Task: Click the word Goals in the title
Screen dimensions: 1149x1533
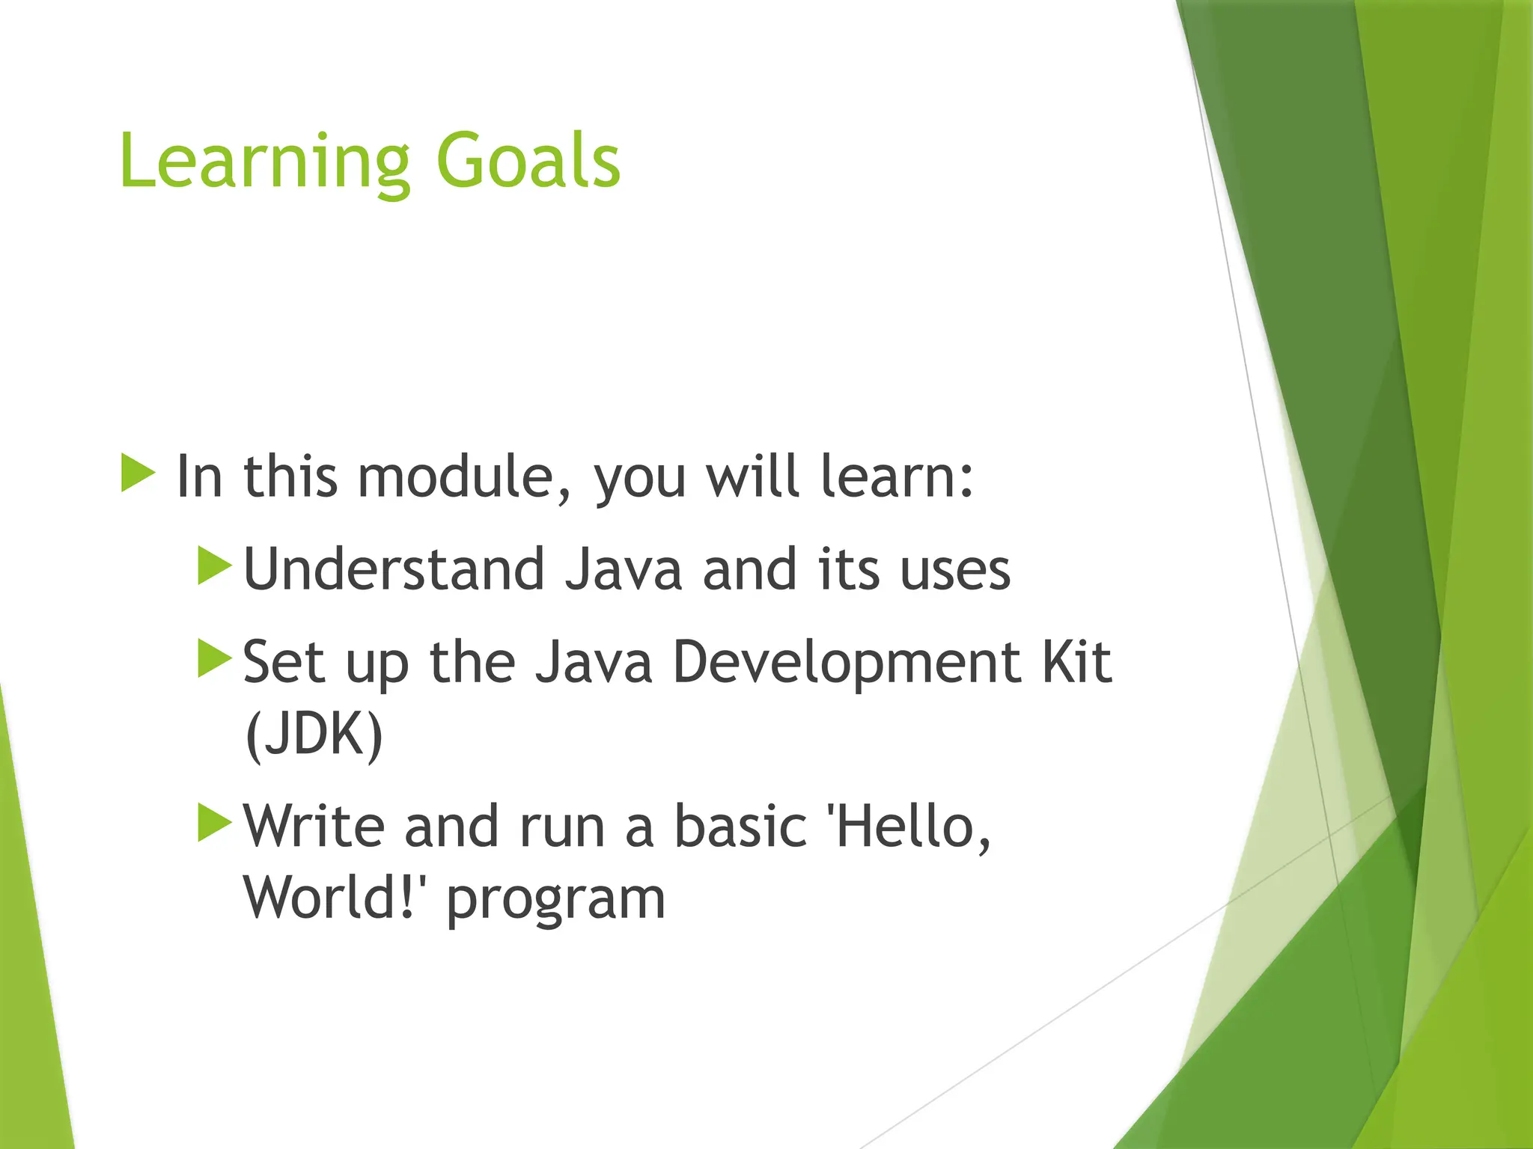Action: [528, 161]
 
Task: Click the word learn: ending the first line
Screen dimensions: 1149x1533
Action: [897, 477]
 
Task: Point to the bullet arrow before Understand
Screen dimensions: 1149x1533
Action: [215, 566]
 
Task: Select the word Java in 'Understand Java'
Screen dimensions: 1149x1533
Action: [624, 570]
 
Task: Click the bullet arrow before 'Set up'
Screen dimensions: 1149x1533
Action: [215, 658]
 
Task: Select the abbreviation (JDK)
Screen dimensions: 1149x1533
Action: [314, 735]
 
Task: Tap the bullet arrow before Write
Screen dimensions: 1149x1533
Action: [215, 823]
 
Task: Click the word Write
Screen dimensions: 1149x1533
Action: [314, 827]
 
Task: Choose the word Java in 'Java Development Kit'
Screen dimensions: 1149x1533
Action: [594, 663]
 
